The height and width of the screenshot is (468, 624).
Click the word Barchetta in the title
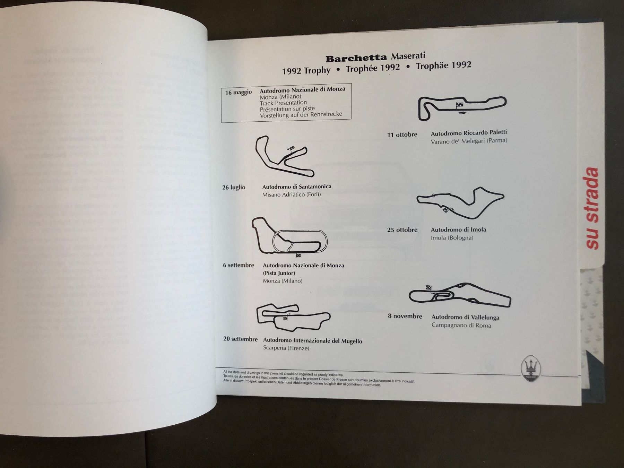[356, 58]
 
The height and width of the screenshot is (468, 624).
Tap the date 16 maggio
[239, 93]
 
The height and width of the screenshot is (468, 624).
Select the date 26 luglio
[234, 188]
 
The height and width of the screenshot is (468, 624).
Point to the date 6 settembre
[239, 265]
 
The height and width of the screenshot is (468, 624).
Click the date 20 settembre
[240, 339]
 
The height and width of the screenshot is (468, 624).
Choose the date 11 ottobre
[402, 135]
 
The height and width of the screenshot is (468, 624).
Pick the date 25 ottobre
[402, 230]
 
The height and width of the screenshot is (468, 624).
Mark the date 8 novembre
[405, 316]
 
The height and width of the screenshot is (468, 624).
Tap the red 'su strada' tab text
[592, 208]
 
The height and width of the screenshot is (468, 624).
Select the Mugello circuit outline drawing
[293, 317]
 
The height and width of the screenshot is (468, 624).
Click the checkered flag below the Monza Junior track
[298, 256]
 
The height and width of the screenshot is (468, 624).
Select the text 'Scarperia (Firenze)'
[286, 348]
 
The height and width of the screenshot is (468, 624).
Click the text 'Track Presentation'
[283, 103]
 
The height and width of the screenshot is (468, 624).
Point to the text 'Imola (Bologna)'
[452, 238]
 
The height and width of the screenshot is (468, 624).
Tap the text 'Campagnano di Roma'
[461, 325]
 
